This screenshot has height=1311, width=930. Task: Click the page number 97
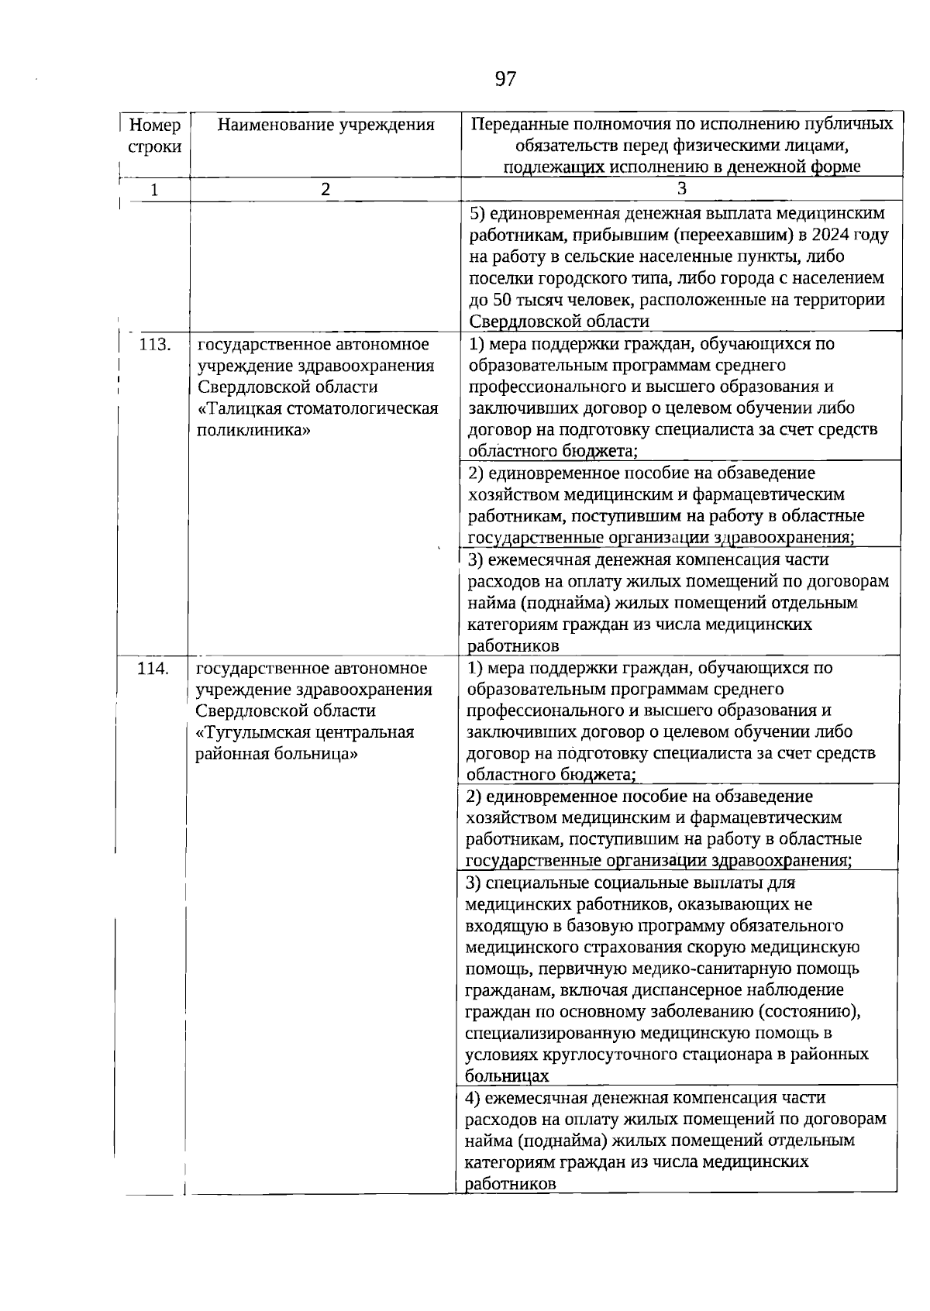point(505,79)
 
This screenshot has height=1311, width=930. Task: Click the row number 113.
point(154,344)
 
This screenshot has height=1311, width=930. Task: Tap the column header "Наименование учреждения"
point(325,124)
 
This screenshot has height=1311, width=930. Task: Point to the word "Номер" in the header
point(155,125)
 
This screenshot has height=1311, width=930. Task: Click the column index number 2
point(325,188)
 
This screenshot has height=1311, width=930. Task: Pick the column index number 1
point(155,189)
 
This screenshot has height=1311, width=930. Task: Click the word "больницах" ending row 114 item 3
point(507,1076)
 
